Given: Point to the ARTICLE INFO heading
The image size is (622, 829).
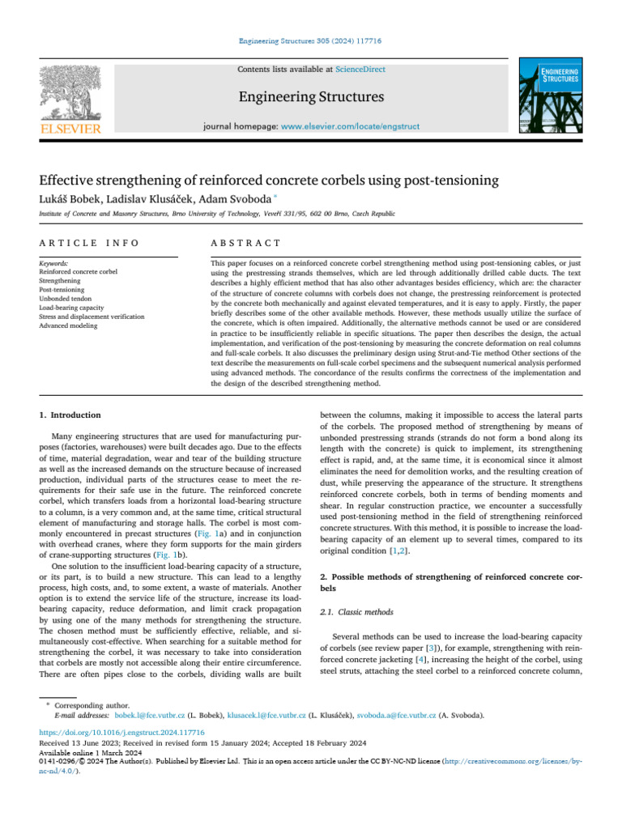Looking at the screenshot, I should pos(88,244).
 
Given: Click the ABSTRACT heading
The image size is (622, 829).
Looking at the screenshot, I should pos(245,244).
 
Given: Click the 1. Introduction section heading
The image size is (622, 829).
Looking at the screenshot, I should pos(70,414).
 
